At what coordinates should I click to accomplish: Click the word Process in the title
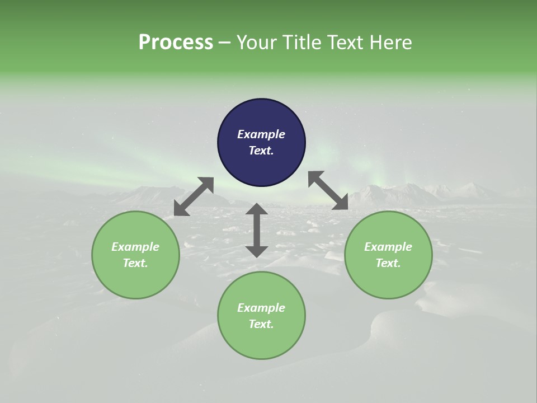176,42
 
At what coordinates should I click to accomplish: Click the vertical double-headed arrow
257,230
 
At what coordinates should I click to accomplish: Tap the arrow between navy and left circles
194,196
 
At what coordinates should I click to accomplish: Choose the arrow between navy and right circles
328,190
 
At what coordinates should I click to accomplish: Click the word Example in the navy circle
261,134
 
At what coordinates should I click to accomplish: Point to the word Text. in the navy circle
261,151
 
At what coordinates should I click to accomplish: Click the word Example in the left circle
135,247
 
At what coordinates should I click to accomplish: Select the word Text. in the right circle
388,263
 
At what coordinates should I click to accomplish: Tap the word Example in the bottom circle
261,308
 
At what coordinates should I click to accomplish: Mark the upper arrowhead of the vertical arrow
257,209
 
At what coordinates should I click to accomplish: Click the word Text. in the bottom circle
261,324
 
